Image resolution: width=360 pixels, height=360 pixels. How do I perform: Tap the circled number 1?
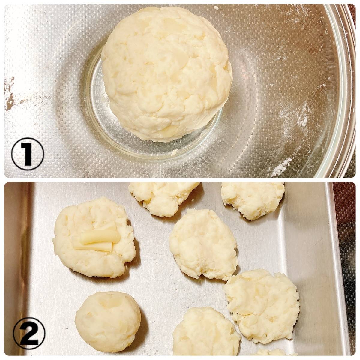click(28, 154)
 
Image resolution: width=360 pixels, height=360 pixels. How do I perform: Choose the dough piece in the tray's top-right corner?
click(253, 200)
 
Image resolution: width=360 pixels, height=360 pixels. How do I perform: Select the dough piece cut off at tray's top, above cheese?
click(165, 199)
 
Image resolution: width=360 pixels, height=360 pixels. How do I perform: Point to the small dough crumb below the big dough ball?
click(175, 152)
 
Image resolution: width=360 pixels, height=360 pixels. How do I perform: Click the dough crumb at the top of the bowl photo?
click(216, 8)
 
